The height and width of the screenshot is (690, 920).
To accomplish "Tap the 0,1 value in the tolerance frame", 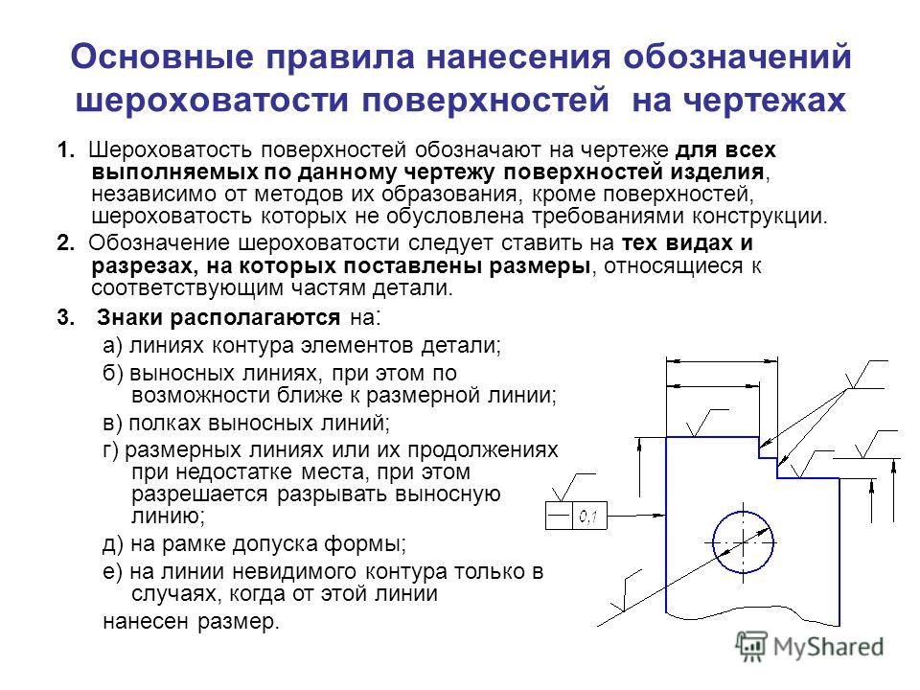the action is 587,517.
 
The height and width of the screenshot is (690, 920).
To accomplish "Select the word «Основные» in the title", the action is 163,57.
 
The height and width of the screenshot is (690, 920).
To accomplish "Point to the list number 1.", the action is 66,150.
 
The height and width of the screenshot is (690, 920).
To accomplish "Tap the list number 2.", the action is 66,242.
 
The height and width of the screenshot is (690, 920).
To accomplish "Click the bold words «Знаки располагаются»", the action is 218,318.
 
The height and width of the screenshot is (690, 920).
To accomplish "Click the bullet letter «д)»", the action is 113,544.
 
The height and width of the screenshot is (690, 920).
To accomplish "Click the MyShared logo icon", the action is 751,646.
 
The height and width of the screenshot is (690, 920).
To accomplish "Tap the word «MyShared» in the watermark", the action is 828,647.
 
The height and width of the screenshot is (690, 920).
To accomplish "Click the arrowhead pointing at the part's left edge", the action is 659,516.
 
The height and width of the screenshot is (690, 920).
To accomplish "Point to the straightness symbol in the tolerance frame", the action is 559,517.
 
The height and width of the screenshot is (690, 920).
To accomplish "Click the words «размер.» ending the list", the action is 239,622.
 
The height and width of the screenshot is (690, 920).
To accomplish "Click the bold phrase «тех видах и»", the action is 687,242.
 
